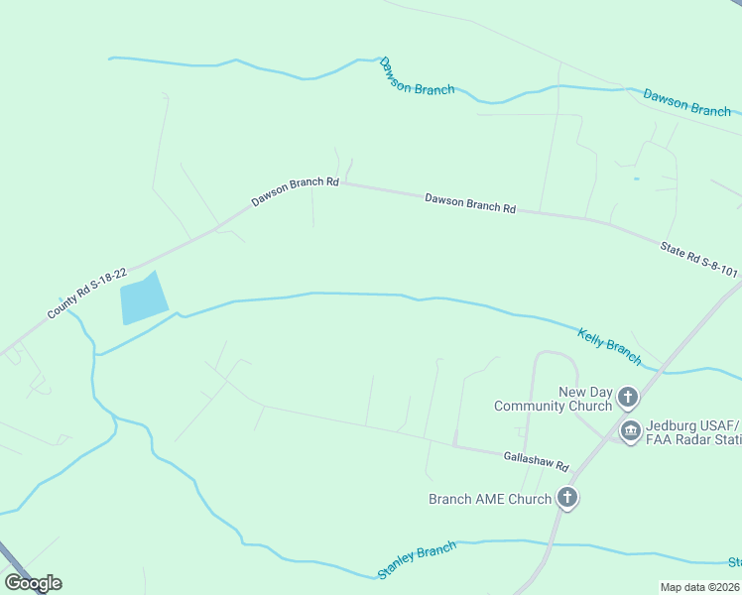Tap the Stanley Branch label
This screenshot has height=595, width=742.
417,561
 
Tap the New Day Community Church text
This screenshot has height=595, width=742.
555,399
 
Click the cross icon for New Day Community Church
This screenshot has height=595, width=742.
627,399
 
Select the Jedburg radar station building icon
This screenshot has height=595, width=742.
630,431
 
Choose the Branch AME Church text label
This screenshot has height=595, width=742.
489,499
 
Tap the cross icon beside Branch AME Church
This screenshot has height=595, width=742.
566,498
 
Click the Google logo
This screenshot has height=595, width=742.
34,583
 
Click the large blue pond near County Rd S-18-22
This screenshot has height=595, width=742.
142,297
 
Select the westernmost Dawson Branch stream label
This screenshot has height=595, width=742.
417,76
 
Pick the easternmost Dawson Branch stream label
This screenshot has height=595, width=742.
686,103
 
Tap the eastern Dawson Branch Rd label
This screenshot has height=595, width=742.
470,203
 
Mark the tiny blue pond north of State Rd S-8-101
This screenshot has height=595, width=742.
636,179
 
